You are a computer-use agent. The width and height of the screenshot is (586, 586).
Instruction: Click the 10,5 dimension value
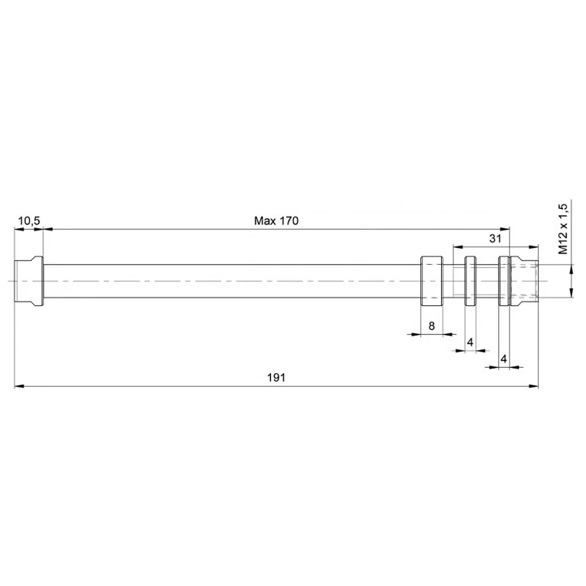click(x=29, y=221)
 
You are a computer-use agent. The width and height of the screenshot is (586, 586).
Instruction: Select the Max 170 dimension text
click(x=276, y=221)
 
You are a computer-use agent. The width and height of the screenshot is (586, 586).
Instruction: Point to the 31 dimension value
click(x=494, y=238)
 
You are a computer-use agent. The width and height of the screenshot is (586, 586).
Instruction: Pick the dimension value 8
click(x=432, y=326)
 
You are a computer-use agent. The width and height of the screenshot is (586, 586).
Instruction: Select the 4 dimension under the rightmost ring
click(x=504, y=358)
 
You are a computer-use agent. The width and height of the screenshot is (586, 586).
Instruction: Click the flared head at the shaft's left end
click(x=29, y=281)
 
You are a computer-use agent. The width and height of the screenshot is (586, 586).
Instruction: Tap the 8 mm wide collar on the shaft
click(x=433, y=281)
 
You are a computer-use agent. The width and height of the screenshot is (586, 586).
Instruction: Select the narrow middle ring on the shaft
click(x=471, y=281)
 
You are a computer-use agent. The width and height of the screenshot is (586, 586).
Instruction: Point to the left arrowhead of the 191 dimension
click(x=19, y=387)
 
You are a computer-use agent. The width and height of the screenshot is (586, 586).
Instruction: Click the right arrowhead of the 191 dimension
click(x=533, y=387)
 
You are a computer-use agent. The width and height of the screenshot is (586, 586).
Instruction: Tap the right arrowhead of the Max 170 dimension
click(x=504, y=229)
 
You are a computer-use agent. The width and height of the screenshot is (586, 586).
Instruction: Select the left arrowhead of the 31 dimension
click(x=457, y=246)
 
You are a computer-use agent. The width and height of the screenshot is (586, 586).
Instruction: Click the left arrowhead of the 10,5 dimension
click(x=19, y=229)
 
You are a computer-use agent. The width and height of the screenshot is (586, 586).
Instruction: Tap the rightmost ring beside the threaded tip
click(x=504, y=281)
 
